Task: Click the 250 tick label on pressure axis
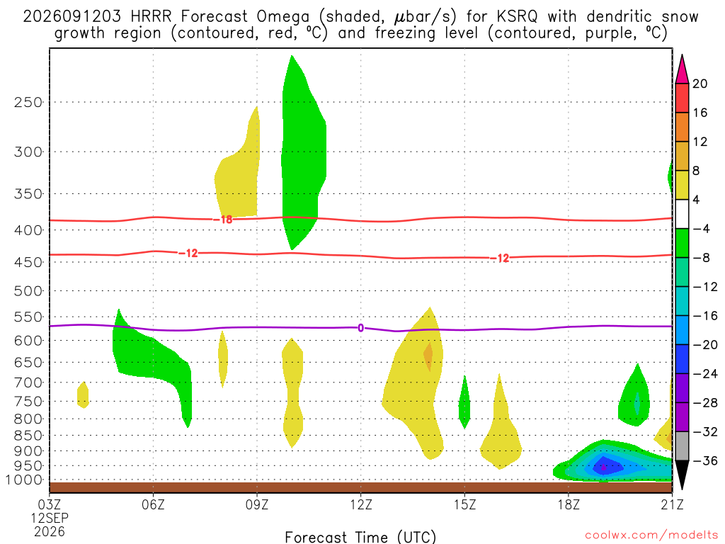[28, 102]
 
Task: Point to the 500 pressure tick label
[28, 291]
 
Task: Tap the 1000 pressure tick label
[25, 480]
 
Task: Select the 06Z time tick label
[153, 504]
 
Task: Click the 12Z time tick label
[360, 504]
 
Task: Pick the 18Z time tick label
[569, 504]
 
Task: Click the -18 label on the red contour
[223, 220]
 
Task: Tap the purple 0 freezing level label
[360, 328]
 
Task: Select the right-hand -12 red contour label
[500, 258]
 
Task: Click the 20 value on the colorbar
[700, 84]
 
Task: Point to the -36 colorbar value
[705, 460]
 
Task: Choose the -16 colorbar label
[705, 315]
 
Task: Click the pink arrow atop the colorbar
[682, 69]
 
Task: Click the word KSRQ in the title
[518, 17]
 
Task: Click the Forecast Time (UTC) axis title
[360, 537]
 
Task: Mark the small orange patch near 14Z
[428, 356]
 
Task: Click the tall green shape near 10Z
[304, 153]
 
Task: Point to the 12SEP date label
[50, 518]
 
